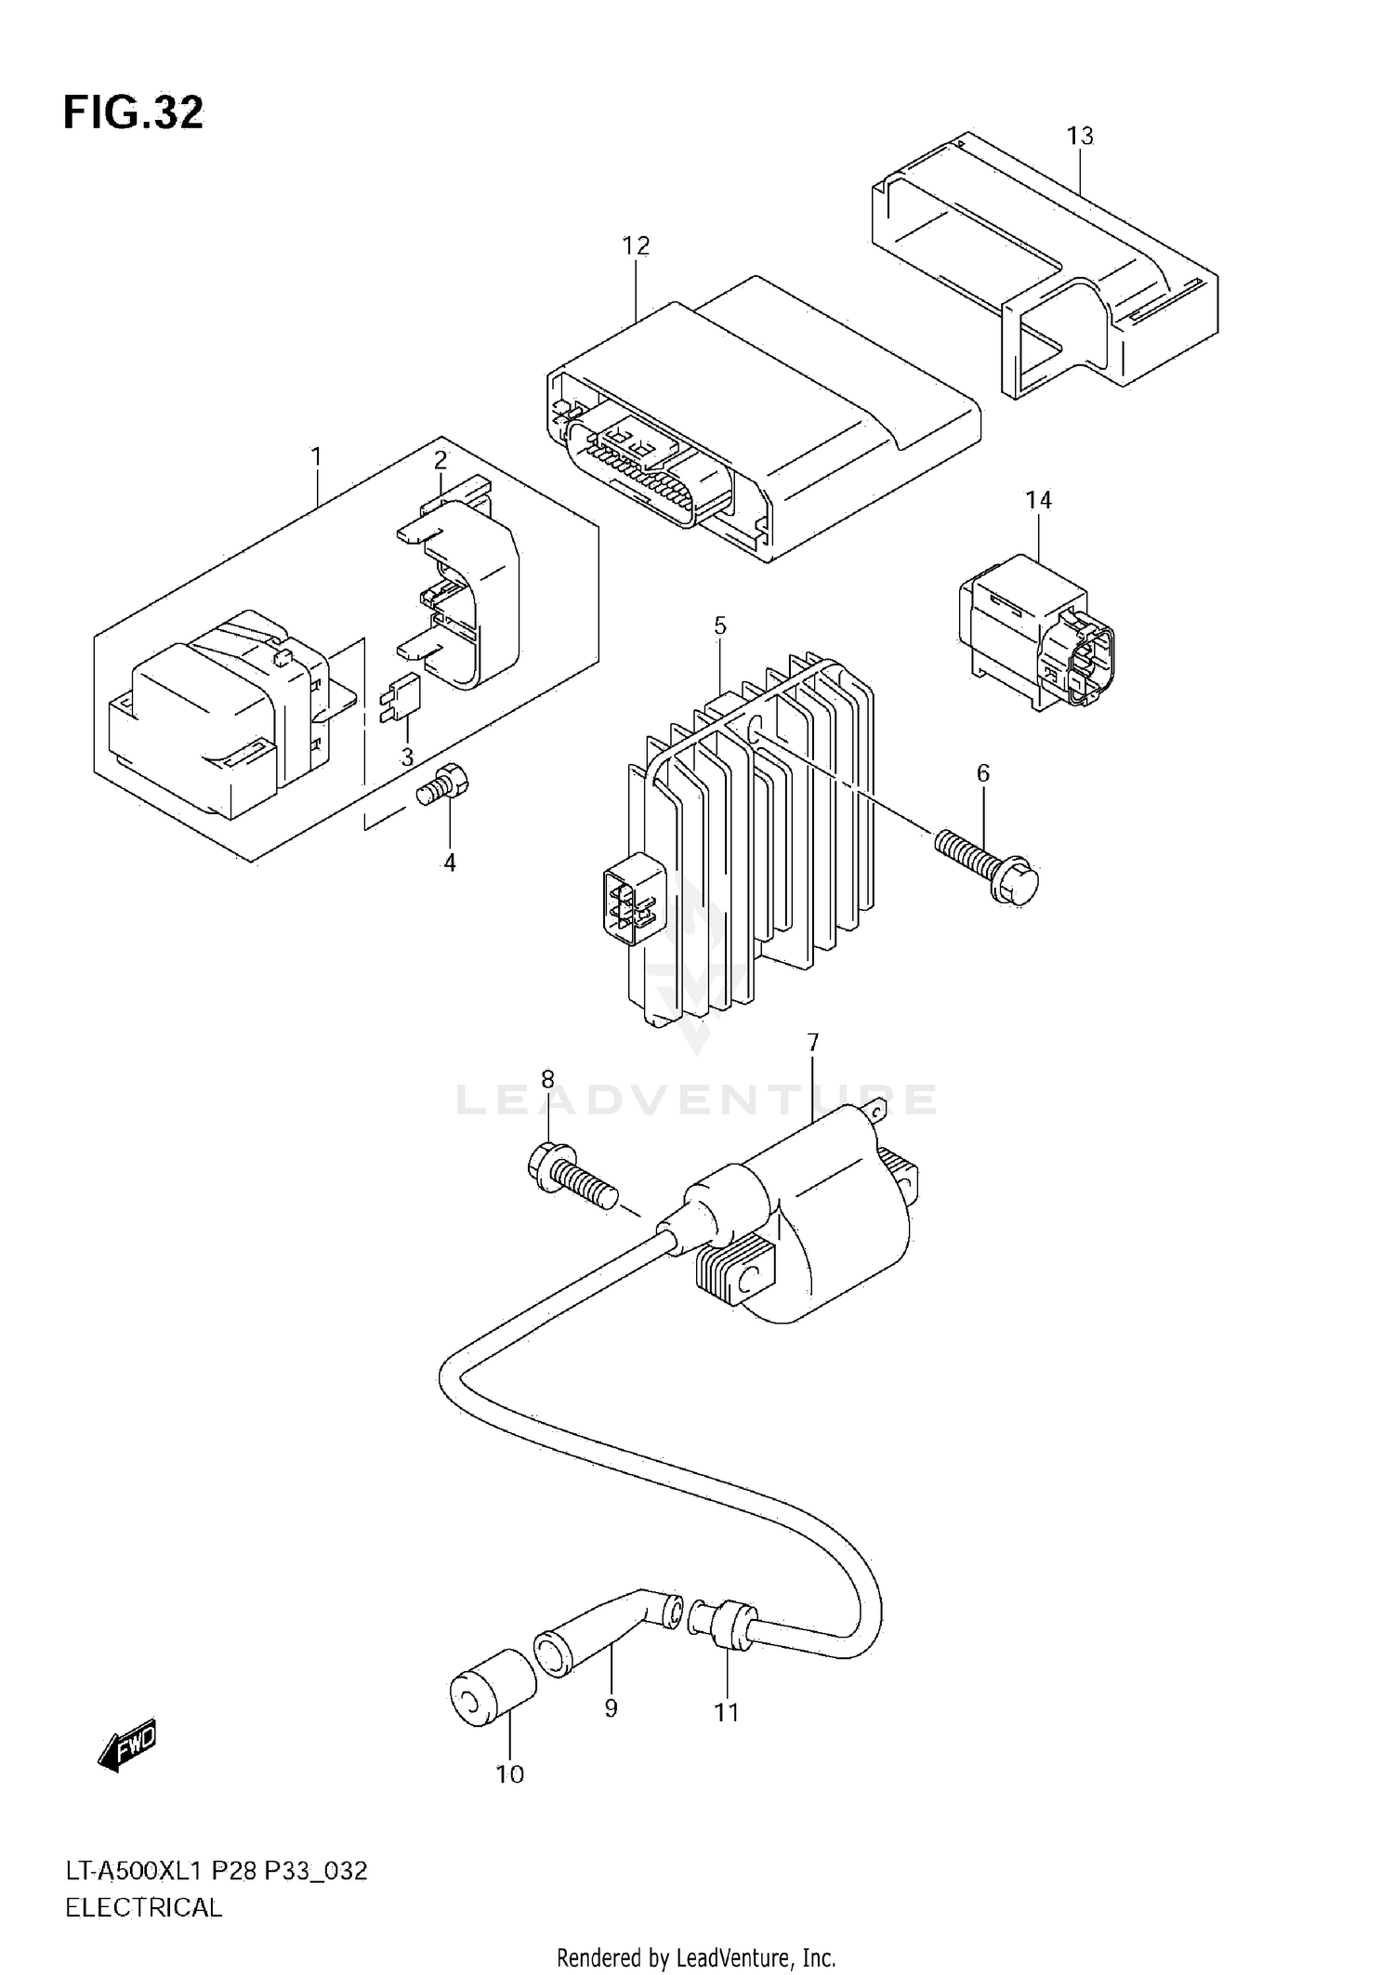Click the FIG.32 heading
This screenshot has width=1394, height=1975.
[x=133, y=112]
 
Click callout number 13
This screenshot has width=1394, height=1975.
[x=1079, y=137]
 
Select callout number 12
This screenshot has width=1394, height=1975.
[x=636, y=245]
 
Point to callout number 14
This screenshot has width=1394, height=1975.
[x=1038, y=500]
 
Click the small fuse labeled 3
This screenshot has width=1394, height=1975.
[x=401, y=694]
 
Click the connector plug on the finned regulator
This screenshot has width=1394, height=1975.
[x=634, y=900]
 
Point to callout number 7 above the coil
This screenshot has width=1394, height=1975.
[x=813, y=1042]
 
